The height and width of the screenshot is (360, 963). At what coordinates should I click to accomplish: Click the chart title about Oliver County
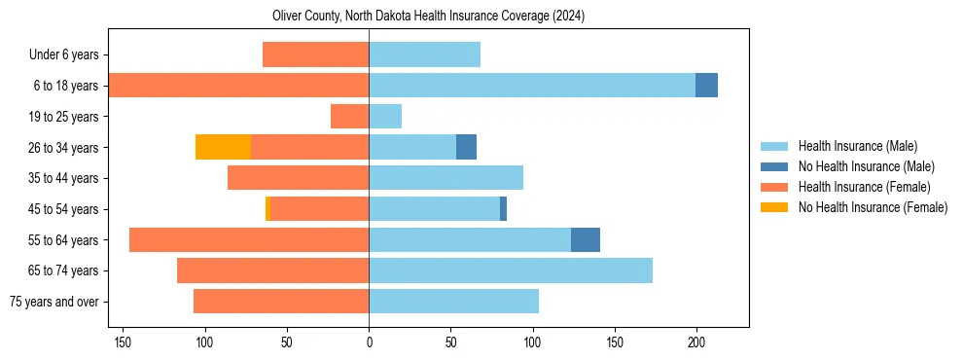[x=428, y=16]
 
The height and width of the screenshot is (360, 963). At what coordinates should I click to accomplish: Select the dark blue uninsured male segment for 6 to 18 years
[x=706, y=86]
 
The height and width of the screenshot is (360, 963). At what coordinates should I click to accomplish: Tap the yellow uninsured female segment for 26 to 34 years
[x=223, y=147]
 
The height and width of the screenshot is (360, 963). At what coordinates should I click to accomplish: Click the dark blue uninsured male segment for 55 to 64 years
[x=585, y=240]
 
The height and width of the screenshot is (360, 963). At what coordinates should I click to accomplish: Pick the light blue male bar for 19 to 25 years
[x=385, y=117]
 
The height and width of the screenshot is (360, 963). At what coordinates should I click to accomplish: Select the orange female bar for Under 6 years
[x=315, y=55]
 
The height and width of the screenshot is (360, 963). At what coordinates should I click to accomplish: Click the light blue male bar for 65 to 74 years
[x=511, y=270]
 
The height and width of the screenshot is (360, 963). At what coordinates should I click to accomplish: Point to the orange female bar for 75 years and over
[x=281, y=302]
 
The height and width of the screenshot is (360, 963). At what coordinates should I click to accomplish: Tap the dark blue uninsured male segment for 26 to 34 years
[x=466, y=147]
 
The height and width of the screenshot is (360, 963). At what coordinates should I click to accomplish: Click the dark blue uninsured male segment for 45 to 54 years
[x=503, y=209]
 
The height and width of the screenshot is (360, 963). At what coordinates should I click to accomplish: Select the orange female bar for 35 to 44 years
[x=298, y=178]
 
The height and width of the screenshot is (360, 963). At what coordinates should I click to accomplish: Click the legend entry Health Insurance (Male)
[x=857, y=146]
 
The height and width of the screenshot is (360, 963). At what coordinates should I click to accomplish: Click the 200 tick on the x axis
[x=696, y=342]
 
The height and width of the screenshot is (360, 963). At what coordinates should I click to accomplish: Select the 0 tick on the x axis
[x=369, y=342]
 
